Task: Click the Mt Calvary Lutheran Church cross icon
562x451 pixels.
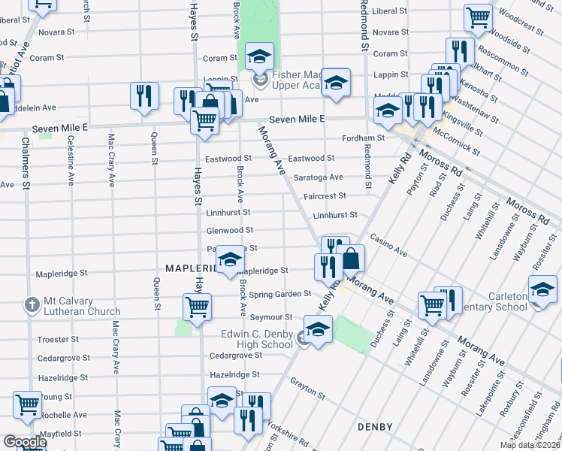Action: click(32, 305)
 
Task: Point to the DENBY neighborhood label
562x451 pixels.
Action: click(375, 427)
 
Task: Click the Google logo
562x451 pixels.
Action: click(24, 442)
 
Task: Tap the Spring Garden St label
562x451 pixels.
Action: click(283, 294)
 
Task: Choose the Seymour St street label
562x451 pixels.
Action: click(271, 317)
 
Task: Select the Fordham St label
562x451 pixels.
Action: click(363, 138)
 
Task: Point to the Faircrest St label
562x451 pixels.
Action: click(325, 196)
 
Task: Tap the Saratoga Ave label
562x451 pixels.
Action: click(318, 177)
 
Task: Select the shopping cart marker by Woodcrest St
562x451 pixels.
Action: click(478, 17)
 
